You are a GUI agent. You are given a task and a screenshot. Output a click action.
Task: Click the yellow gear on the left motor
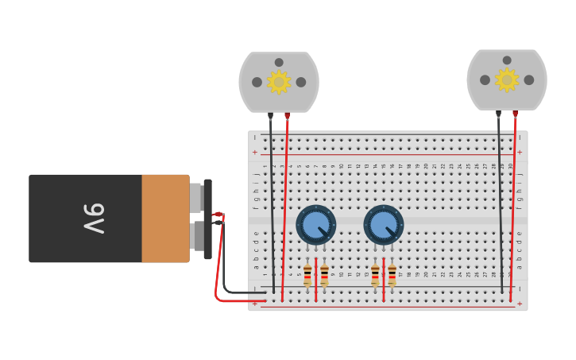279,82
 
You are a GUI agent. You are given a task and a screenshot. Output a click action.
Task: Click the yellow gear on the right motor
507,79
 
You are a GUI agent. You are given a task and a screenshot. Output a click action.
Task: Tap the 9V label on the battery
93,219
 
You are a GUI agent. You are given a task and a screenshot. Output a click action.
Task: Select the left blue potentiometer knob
316,224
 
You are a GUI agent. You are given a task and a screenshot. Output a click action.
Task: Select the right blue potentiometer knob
384,224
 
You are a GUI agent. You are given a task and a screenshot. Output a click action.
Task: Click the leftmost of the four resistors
307,275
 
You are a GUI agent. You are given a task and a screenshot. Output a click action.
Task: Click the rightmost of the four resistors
392,275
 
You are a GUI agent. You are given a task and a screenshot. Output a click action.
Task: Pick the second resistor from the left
324,275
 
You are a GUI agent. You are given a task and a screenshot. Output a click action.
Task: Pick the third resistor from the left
375,275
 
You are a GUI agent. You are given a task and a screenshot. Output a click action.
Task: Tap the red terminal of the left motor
288,115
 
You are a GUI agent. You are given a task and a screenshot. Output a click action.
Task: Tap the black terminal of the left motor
270,115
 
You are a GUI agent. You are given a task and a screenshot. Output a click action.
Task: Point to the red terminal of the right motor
516,113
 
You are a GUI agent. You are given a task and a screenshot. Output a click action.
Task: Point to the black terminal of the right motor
498,113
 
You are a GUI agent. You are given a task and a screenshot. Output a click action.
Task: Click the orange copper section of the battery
165,219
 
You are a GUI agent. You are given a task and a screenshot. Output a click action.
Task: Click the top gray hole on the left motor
279,62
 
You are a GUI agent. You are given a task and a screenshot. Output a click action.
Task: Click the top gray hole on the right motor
507,60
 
